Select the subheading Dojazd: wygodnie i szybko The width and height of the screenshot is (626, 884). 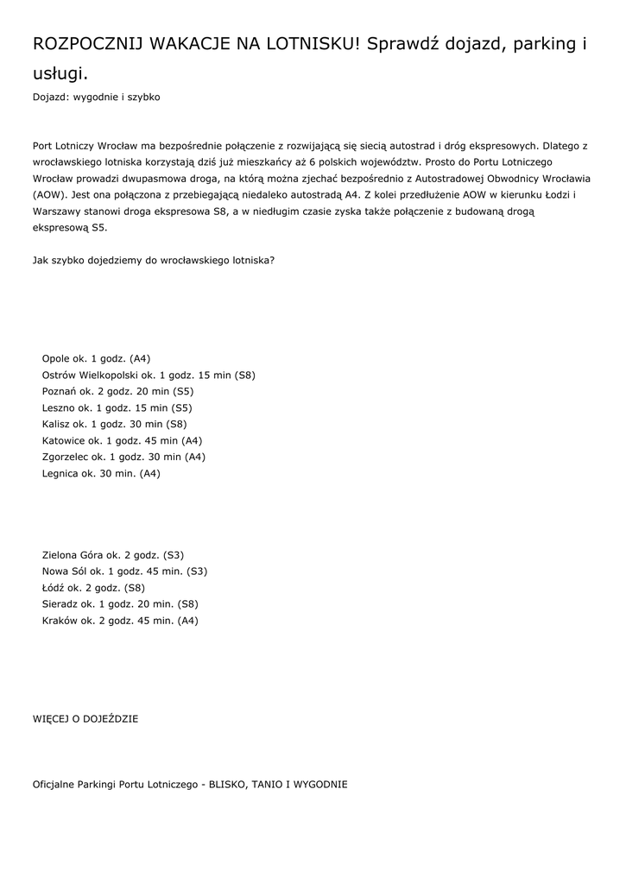[x=96, y=98]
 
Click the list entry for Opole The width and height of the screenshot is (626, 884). [x=96, y=358]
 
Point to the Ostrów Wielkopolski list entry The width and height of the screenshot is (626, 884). [x=148, y=375]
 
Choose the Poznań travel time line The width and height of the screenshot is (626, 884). [x=117, y=391]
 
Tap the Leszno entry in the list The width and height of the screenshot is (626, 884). [x=117, y=407]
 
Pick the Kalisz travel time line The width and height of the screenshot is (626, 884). [x=114, y=424]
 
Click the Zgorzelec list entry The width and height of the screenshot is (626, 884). [x=123, y=457]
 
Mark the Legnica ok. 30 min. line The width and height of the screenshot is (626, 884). [x=101, y=473]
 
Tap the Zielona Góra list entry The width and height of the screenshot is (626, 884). [x=112, y=555]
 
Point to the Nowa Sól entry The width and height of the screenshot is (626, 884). [x=124, y=571]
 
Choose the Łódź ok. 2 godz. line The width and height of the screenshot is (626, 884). [x=93, y=588]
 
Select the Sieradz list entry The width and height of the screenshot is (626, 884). [x=120, y=604]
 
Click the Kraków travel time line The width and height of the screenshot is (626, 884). [x=120, y=621]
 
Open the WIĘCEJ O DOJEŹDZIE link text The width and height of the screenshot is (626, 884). [x=85, y=718]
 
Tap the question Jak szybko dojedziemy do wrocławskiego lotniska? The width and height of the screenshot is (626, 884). [x=154, y=260]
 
